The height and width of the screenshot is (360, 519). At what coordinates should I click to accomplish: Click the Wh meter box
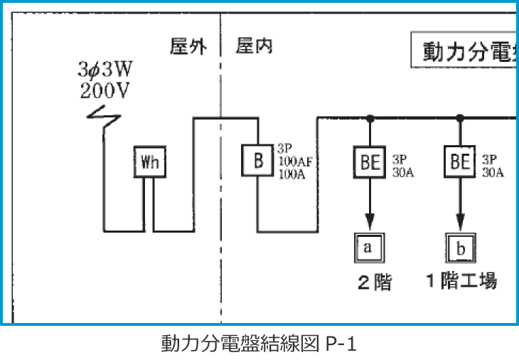click(x=150, y=162)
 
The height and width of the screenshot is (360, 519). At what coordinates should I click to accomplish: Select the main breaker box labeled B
click(x=258, y=161)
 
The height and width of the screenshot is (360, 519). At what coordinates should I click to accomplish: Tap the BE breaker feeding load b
click(x=460, y=162)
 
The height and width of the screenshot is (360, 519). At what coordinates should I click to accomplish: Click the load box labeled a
click(x=368, y=247)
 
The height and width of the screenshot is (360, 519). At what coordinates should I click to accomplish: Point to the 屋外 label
click(x=188, y=47)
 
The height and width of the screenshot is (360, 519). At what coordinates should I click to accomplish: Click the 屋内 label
click(x=253, y=47)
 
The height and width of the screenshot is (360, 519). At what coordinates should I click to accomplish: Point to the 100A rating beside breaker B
click(x=292, y=173)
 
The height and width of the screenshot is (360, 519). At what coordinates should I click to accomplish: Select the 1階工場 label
click(x=461, y=281)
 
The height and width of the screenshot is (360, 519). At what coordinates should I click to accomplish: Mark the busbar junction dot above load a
click(x=370, y=117)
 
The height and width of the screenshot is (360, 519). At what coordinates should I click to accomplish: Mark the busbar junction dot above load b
click(x=460, y=117)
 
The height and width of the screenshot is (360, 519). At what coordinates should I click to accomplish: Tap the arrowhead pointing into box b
click(x=460, y=221)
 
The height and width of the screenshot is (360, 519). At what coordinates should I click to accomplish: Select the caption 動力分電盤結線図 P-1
click(x=258, y=344)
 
